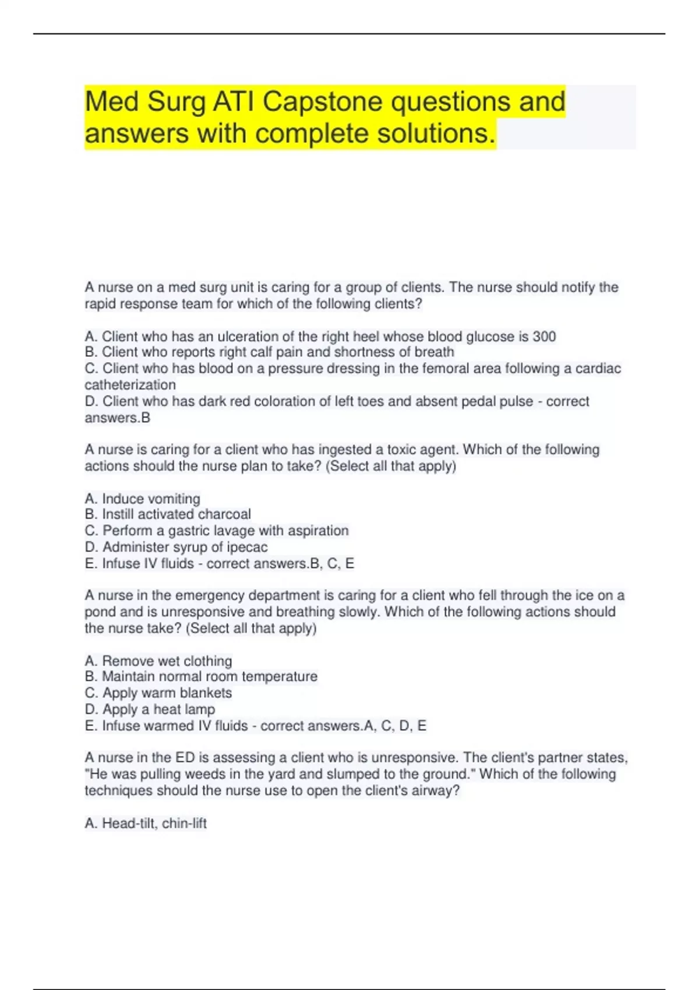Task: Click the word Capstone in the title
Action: pos(323,102)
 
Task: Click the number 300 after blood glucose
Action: pos(544,337)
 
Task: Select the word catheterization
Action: pos(130,385)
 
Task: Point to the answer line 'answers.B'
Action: pos(117,418)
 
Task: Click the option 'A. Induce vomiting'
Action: pos(142,498)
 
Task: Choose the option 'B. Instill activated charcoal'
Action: pos(168,514)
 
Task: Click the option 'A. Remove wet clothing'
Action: pos(158,661)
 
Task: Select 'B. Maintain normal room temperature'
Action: pos(201,677)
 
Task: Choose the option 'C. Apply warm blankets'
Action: pos(158,693)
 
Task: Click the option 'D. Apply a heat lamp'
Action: pos(150,709)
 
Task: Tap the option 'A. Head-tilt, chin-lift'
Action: pos(146,823)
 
